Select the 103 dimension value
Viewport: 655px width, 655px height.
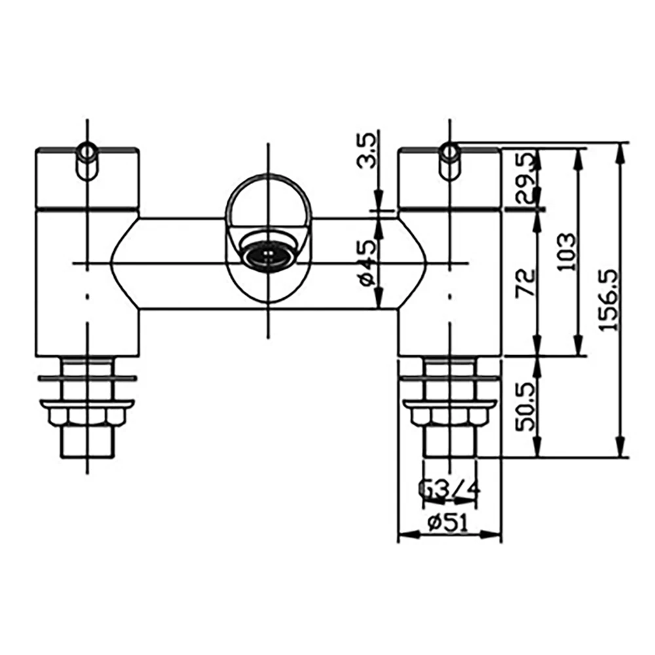point(568,252)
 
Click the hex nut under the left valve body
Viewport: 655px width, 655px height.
point(87,416)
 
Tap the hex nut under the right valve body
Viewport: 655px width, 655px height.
point(449,416)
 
